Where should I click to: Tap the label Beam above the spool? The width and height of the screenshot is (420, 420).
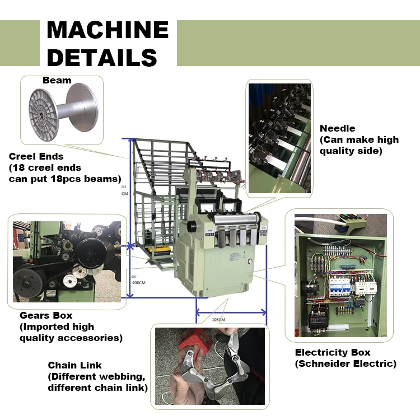point(57,80)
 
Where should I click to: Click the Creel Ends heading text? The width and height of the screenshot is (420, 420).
point(36,156)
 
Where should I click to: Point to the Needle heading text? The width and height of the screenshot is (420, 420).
point(337,128)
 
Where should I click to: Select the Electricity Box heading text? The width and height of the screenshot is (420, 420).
point(333,352)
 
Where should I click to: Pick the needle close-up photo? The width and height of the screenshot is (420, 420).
point(279,138)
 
